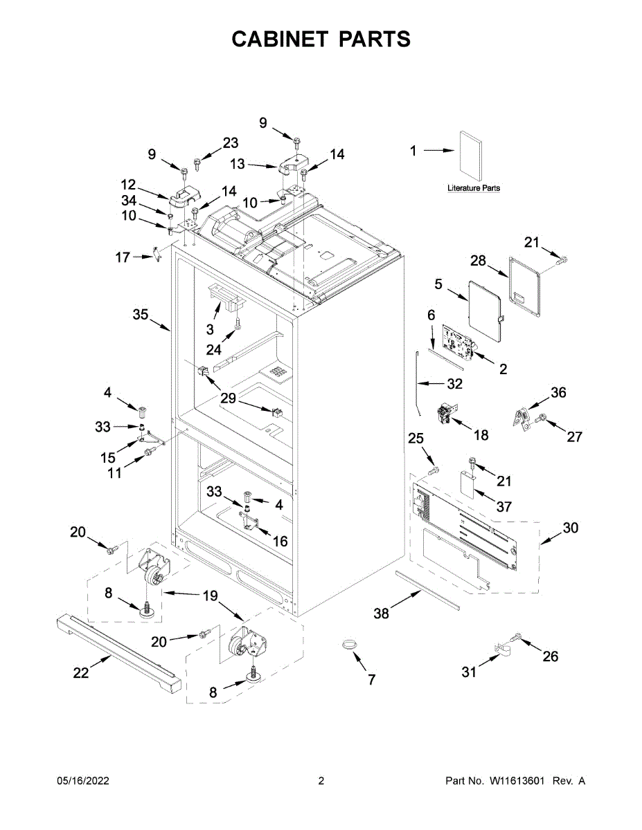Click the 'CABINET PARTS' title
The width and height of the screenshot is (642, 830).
[321, 39]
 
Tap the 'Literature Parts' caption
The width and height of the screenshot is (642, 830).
[474, 188]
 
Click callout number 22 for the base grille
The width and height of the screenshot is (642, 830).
[81, 672]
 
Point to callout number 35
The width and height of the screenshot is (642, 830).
[141, 315]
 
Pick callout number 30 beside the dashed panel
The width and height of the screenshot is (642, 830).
[569, 528]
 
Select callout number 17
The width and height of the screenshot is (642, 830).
[123, 257]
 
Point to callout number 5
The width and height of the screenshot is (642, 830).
[438, 284]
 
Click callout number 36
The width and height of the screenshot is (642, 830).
[558, 393]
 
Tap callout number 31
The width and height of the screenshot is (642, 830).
[470, 671]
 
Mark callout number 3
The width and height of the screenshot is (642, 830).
[210, 330]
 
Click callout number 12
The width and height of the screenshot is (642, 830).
[128, 185]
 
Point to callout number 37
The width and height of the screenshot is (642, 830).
[503, 506]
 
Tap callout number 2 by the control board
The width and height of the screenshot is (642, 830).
[503, 369]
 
